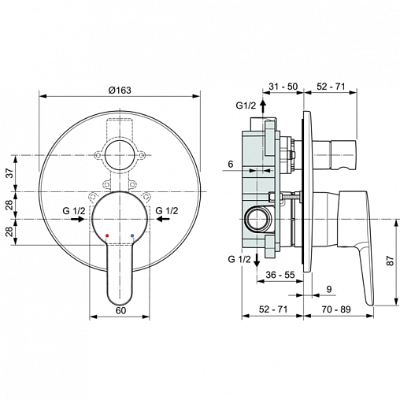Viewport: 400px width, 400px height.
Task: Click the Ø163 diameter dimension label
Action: [x=120, y=90]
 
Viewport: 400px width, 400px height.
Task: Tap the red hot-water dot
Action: [x=107, y=235]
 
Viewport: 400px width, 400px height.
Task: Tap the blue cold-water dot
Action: [x=132, y=235]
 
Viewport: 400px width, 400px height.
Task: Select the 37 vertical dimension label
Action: [x=9, y=173]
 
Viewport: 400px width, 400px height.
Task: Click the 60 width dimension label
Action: [x=120, y=310]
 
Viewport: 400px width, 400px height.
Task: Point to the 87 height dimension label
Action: [x=391, y=261]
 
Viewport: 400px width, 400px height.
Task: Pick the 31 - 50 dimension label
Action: [x=283, y=86]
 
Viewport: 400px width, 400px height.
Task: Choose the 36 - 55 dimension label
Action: [x=280, y=275]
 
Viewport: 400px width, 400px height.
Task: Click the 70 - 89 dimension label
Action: [x=336, y=309]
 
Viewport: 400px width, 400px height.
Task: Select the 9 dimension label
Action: [x=329, y=289]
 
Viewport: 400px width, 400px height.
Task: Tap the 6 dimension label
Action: [x=231, y=164]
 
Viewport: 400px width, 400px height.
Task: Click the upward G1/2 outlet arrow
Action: [x=262, y=106]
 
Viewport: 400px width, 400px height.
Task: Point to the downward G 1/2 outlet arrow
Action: [x=257, y=260]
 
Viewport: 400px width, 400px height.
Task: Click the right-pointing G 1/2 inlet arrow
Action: [x=77, y=219]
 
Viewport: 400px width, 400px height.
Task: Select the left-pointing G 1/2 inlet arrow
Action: [x=163, y=219]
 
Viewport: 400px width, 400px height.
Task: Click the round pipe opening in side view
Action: [x=258, y=219]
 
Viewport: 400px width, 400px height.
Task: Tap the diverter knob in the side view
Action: [x=343, y=154]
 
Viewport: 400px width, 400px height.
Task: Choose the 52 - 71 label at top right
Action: [x=331, y=86]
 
